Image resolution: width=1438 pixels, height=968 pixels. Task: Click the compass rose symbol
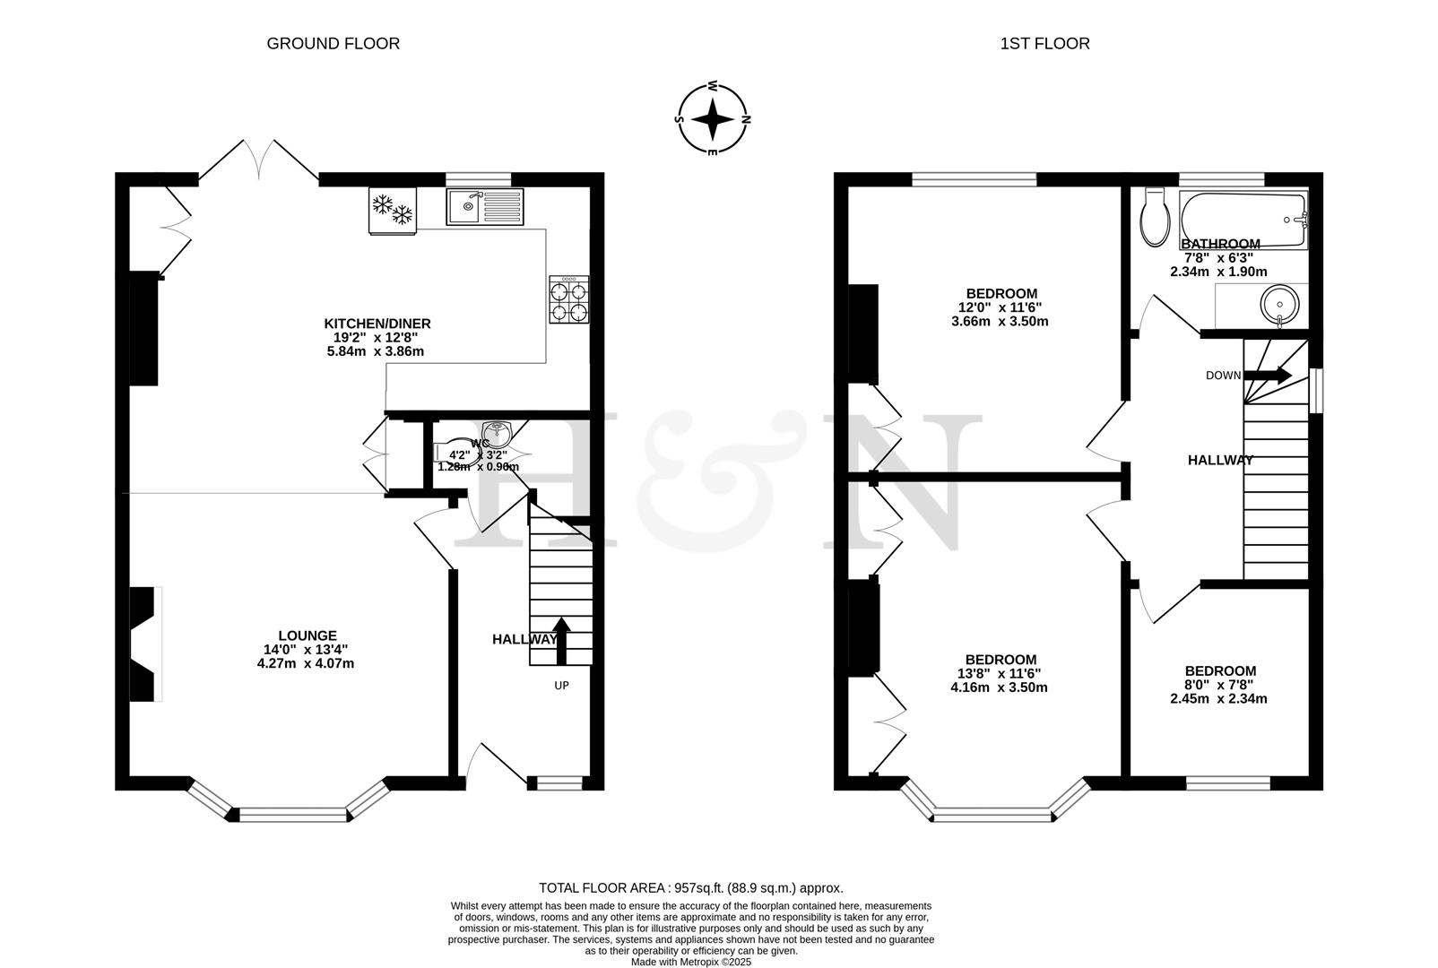[x=713, y=119]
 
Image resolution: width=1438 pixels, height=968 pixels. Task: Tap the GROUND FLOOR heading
[x=333, y=43]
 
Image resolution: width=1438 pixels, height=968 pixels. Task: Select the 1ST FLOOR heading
[x=1044, y=43]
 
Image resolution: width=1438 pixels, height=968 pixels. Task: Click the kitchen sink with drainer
[x=484, y=207]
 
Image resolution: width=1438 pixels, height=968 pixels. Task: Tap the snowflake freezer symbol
[x=393, y=210]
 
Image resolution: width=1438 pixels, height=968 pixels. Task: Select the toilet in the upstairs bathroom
[x=1153, y=218]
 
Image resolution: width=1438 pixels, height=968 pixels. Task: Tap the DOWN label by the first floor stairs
[x=1223, y=376]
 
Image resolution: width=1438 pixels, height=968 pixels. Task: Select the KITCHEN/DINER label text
[x=377, y=324]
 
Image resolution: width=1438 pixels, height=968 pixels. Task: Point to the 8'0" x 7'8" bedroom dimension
[x=1219, y=685]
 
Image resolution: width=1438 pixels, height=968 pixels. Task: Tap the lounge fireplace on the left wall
[x=143, y=644]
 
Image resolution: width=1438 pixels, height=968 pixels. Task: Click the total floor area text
[x=690, y=888]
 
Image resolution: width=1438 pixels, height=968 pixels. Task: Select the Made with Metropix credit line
[x=690, y=962]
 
